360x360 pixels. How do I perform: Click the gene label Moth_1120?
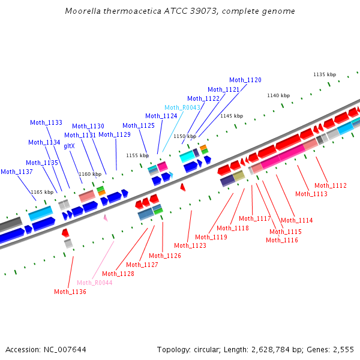(x=245, y=80)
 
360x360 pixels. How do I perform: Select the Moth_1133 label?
(x=46, y=122)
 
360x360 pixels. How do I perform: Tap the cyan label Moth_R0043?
(x=182, y=107)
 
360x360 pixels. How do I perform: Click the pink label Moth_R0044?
(x=95, y=283)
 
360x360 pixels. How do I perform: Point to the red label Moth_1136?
(x=70, y=292)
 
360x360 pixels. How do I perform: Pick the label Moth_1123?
(x=190, y=245)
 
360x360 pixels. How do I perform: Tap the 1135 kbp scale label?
(x=325, y=74)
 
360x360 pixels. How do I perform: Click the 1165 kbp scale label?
(x=42, y=192)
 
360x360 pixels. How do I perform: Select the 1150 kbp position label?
(x=185, y=137)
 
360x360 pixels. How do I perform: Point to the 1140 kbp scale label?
(x=278, y=95)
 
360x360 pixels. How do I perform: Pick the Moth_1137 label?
(x=17, y=172)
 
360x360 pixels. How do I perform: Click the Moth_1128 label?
(x=118, y=274)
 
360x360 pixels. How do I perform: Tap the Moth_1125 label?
(x=139, y=125)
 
